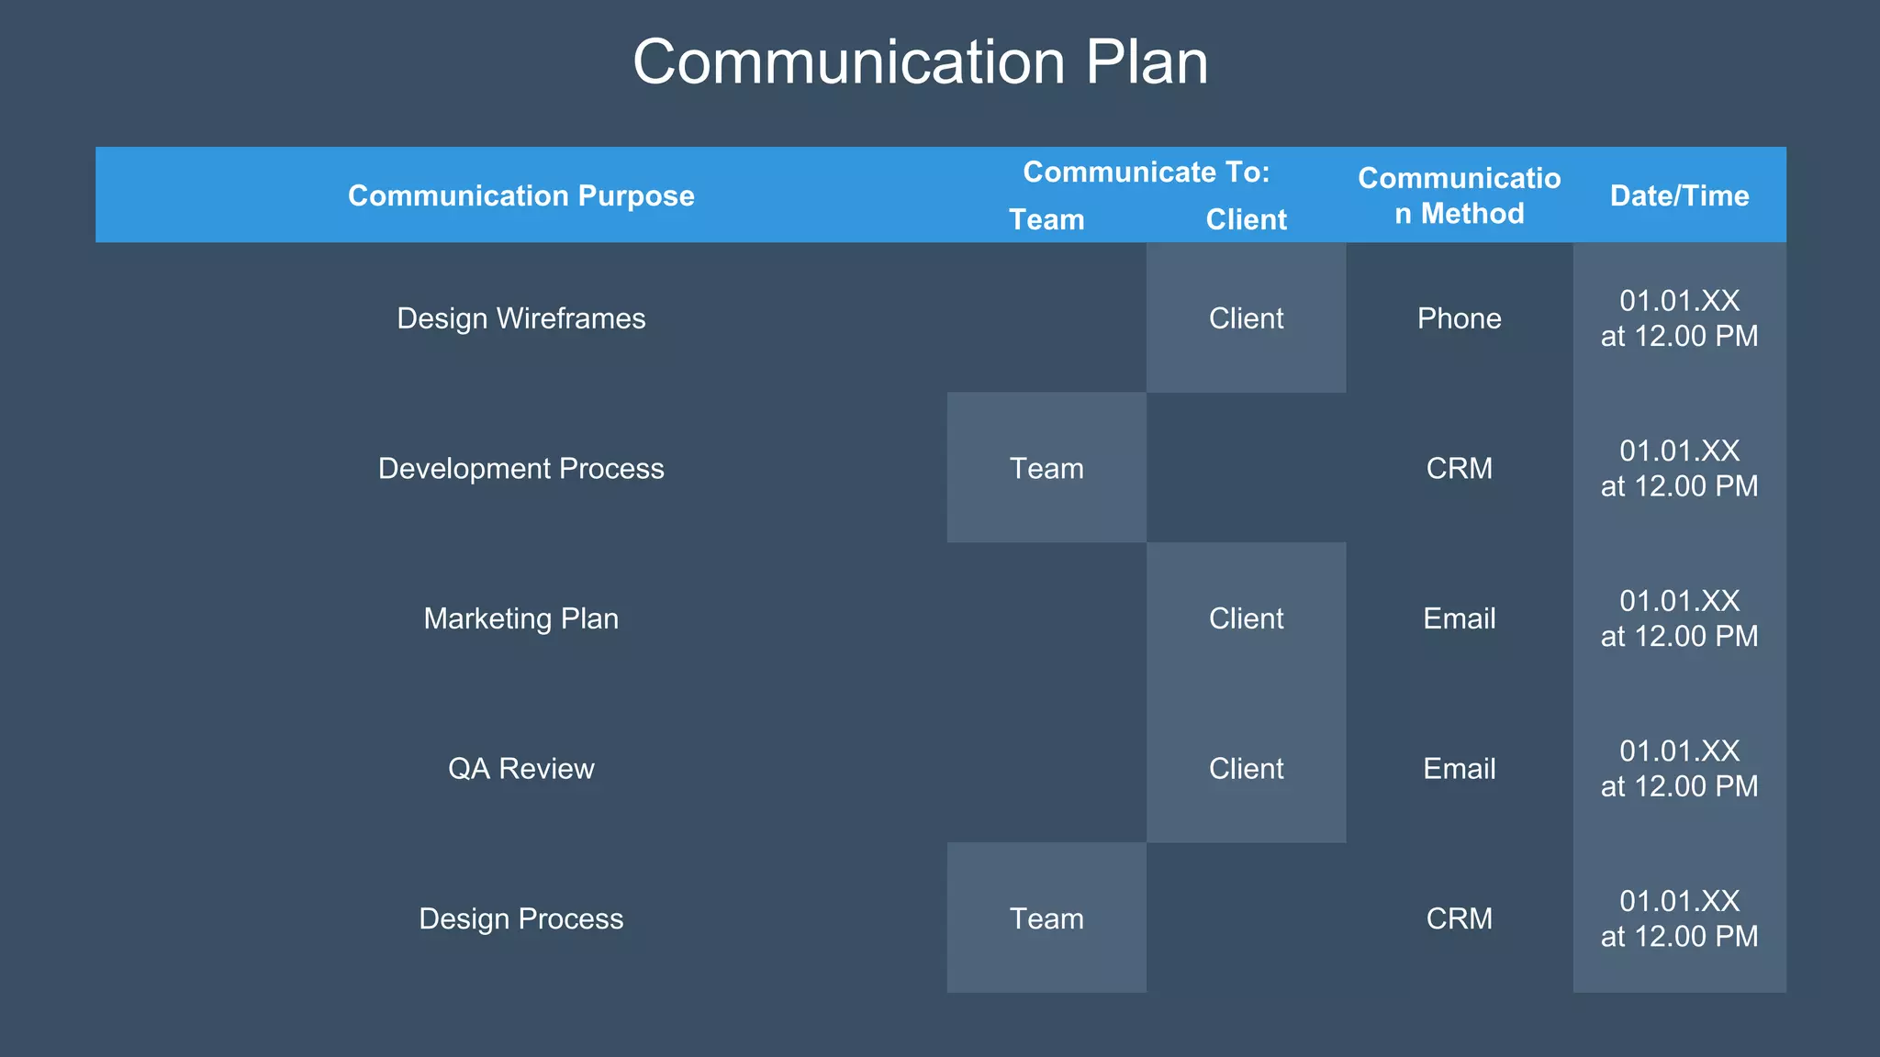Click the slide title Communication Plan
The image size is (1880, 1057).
pyautogui.click(x=920, y=62)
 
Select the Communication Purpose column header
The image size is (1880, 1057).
pyautogui.click(x=520, y=195)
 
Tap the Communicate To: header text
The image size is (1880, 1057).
pyautogui.click(x=1146, y=172)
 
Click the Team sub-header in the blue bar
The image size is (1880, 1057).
pyautogui.click(x=1046, y=219)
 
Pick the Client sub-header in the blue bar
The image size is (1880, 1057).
pyautogui.click(x=1246, y=219)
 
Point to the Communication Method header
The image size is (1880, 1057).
pyautogui.click(x=1459, y=195)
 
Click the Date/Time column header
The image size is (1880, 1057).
pyautogui.click(x=1679, y=195)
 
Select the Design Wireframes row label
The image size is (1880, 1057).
pyautogui.click(x=520, y=318)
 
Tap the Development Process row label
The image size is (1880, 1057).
pyautogui.click(x=520, y=468)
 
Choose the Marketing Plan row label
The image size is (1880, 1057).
pyautogui.click(x=520, y=618)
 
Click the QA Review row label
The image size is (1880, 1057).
pyautogui.click(x=520, y=768)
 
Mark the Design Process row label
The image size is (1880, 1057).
pyautogui.click(x=520, y=918)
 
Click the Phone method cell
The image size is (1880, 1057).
pyautogui.click(x=1459, y=318)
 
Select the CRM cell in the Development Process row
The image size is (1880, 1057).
pyautogui.click(x=1459, y=468)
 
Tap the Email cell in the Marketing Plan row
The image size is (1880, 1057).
pyautogui.click(x=1459, y=618)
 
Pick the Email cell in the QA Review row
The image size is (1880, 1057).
pyautogui.click(x=1459, y=768)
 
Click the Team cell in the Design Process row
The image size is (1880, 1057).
pyautogui.click(x=1046, y=918)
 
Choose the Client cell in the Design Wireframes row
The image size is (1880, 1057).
pyautogui.click(x=1246, y=318)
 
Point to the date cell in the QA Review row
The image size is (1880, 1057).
pyautogui.click(x=1679, y=768)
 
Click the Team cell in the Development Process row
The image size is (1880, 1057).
pyautogui.click(x=1046, y=468)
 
